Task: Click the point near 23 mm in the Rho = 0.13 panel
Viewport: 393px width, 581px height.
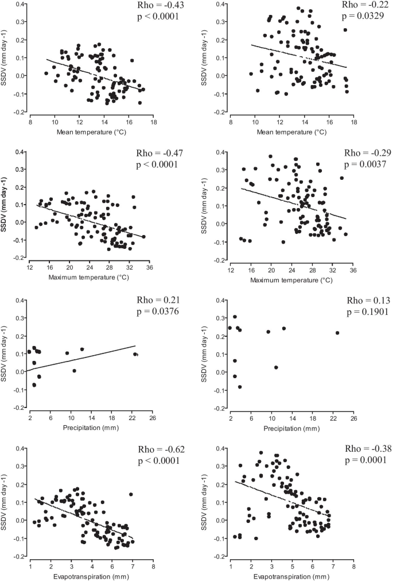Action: pos(337,333)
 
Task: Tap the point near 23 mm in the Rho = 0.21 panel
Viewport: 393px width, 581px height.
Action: pos(135,354)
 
